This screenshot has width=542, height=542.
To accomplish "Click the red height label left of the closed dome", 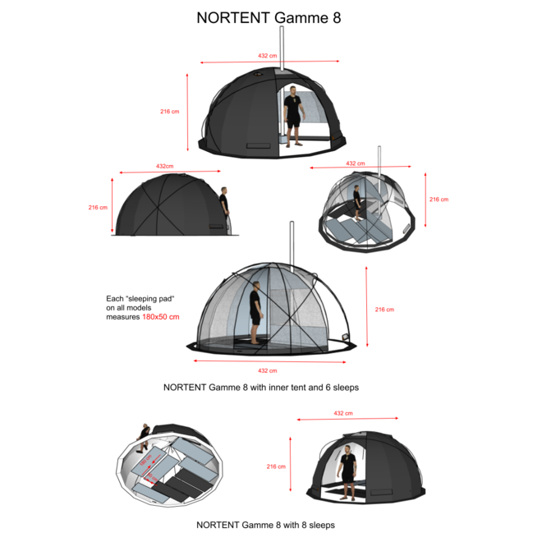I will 98,207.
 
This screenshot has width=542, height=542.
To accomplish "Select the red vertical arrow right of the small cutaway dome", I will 425,200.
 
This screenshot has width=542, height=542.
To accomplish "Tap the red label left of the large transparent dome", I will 161,316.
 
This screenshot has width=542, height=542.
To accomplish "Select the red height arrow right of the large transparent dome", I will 368,308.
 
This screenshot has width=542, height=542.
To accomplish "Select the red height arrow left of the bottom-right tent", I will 291,464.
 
